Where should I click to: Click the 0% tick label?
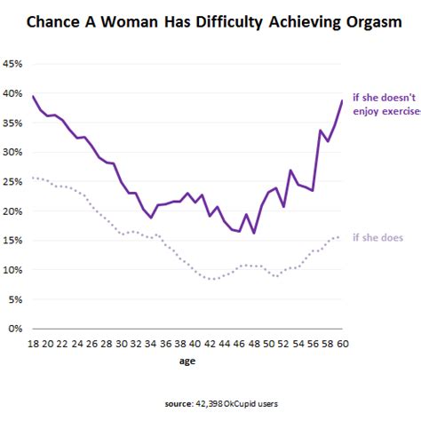pyautogui.click(x=15, y=328)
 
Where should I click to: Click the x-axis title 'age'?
pyautogui.click(x=187, y=362)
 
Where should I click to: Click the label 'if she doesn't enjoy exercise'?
pyautogui.click(x=385, y=106)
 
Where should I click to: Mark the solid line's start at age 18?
pyautogui.click(x=33, y=96)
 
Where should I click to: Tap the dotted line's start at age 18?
pyautogui.click(x=33, y=178)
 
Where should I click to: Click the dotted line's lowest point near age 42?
pyautogui.click(x=210, y=279)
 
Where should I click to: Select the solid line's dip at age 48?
pyautogui.click(x=254, y=233)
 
